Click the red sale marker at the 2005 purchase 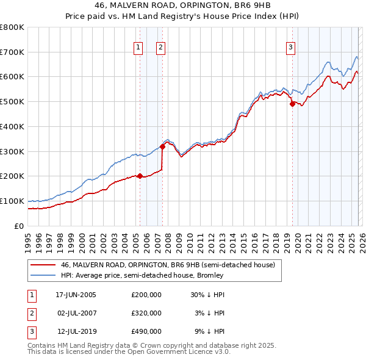140,176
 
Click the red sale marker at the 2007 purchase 162,146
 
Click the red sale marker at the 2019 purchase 292,104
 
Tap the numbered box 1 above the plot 138,48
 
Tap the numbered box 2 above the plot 160,48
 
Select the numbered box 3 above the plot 290,48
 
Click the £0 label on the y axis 19,226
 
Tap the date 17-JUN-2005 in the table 76,295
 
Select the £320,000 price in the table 146,313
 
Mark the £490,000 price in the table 146,331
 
